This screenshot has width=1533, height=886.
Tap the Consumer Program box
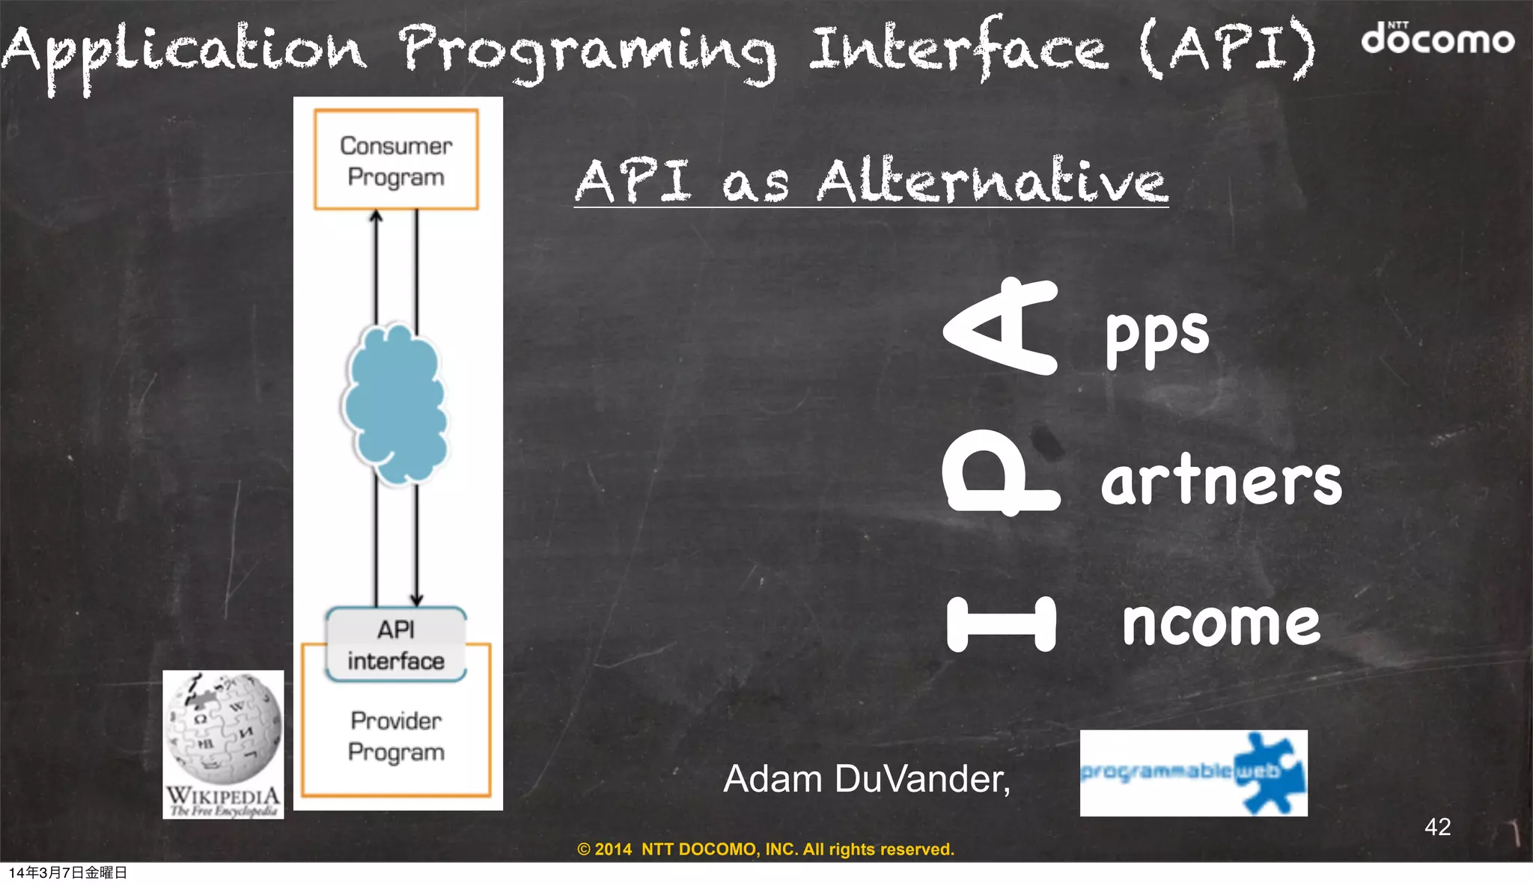396,160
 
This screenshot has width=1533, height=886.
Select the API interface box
396,644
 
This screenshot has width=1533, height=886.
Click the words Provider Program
396,736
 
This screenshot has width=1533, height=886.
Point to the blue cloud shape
394,404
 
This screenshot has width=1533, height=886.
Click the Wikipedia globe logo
223,730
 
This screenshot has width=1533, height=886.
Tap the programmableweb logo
1193,773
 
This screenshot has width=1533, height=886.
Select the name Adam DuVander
866,779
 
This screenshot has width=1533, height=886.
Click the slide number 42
1437,827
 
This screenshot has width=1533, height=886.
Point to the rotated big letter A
1002,326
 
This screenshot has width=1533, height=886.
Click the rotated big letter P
1000,477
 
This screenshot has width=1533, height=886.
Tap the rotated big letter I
1002,623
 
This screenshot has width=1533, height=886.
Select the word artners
1222,480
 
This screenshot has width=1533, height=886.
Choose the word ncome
1221,623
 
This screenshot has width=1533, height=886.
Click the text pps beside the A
1157,334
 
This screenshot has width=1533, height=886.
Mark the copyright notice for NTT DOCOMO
766,849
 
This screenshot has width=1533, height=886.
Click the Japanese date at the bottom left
68,873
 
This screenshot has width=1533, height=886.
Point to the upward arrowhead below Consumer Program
377,216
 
